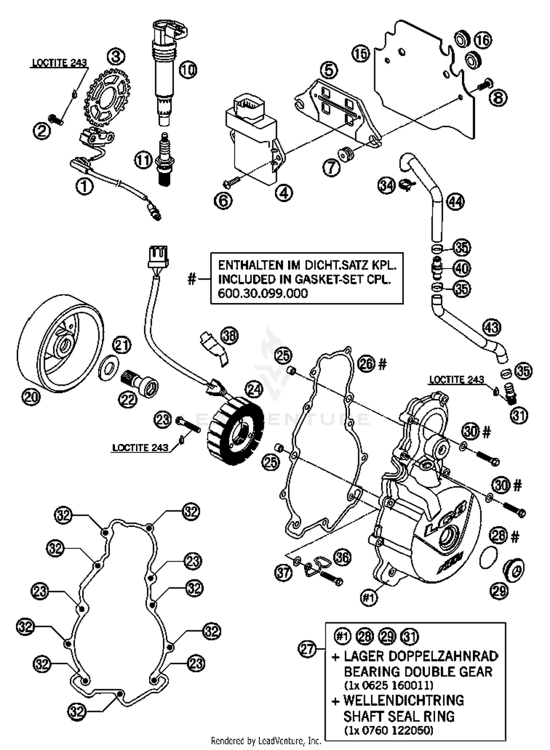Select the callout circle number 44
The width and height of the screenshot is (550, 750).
click(x=455, y=202)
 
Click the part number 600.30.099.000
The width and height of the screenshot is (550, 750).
click(x=263, y=294)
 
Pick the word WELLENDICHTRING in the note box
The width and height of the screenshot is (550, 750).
click(x=403, y=700)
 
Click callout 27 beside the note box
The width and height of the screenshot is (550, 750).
click(x=307, y=649)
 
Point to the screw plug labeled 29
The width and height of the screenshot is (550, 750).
click(x=513, y=570)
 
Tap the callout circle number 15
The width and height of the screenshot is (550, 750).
click(x=360, y=54)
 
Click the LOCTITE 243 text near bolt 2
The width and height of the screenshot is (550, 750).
click(x=59, y=63)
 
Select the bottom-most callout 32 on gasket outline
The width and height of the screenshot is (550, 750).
click(x=77, y=711)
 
